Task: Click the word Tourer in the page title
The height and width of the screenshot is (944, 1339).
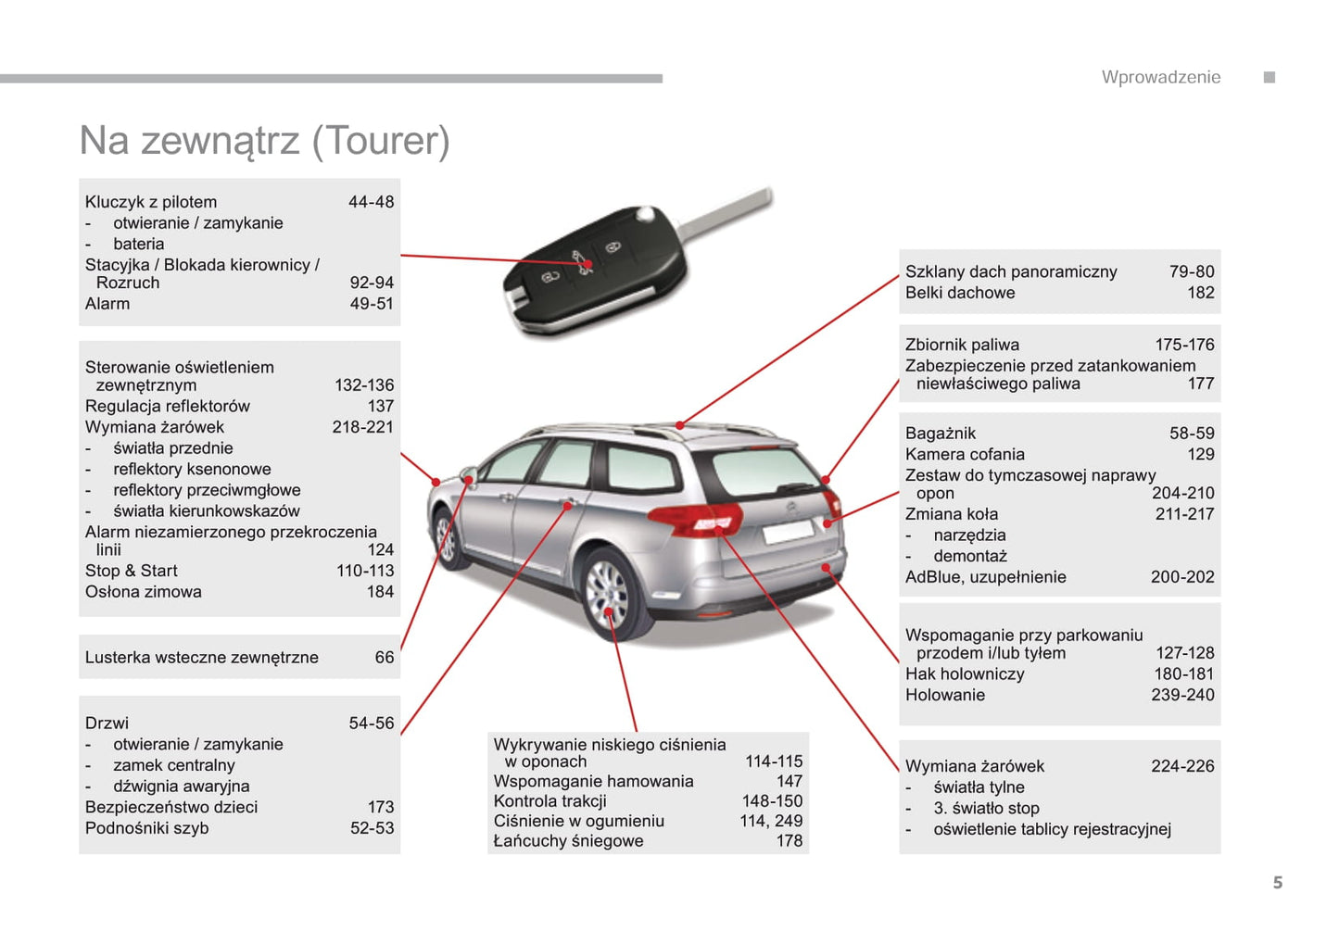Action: tap(380, 141)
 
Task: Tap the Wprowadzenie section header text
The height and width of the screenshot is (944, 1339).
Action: tap(1161, 77)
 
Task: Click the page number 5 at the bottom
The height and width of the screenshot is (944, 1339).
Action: tap(1278, 883)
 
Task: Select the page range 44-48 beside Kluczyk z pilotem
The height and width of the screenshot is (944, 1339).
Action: tap(372, 202)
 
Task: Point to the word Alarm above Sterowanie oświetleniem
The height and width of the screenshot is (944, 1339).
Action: tap(107, 304)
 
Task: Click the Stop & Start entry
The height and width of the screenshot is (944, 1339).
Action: tap(131, 571)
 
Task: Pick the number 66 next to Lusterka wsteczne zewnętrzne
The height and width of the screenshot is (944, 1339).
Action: tap(385, 657)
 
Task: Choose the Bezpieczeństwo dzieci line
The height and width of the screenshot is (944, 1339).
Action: tap(171, 807)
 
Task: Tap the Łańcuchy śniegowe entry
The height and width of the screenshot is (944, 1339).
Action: tap(568, 840)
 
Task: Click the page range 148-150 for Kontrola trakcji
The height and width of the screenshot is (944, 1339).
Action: tap(772, 800)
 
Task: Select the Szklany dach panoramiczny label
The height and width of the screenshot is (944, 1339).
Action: tap(1011, 271)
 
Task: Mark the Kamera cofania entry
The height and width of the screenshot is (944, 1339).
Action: tap(965, 454)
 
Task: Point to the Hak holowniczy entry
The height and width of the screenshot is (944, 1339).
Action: tap(965, 673)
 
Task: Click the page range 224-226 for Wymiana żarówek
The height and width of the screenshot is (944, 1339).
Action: tap(1182, 766)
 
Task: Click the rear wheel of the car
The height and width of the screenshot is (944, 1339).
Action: tap(608, 595)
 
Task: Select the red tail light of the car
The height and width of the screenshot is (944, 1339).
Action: tap(697, 519)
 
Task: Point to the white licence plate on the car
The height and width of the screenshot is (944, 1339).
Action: tap(789, 531)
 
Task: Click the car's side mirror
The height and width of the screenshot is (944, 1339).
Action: tap(468, 476)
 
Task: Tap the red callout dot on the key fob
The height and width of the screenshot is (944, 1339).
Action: tap(588, 263)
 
